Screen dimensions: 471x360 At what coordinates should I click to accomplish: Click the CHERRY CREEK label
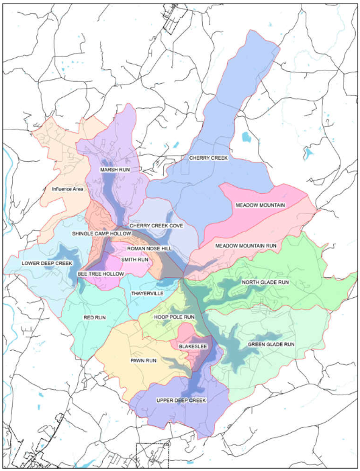pos(208,158)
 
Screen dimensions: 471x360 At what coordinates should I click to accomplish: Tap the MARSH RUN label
pos(114,170)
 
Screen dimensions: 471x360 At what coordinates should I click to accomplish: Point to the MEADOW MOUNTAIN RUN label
pos(246,246)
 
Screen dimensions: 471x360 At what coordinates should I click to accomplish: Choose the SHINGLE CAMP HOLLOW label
pos(101,233)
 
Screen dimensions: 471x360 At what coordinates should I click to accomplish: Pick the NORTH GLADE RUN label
pos(265,282)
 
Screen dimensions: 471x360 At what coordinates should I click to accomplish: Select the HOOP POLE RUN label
pos(174,316)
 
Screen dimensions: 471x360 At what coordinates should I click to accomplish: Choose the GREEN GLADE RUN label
pos(271,344)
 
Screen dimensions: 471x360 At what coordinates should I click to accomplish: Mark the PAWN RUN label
pos(142,361)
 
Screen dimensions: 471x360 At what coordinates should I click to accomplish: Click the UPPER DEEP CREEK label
pos(181,401)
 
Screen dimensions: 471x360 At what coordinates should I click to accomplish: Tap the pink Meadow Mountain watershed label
pos(261,204)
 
